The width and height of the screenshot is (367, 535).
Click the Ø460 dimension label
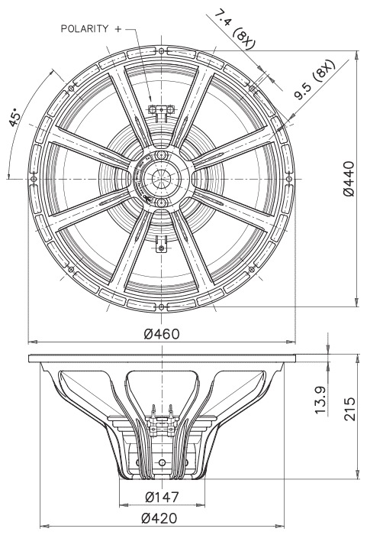pyautogui.click(x=161, y=334)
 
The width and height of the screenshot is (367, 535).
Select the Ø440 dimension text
pyautogui.click(x=349, y=178)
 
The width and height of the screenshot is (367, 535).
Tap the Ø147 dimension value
pyautogui.click(x=162, y=497)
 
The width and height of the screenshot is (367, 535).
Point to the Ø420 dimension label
pyautogui.click(x=159, y=518)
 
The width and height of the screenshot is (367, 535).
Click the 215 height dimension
pyautogui.click(x=349, y=408)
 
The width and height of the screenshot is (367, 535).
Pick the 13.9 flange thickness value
pyautogui.click(x=320, y=400)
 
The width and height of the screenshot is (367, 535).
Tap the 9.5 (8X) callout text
pyautogui.click(x=315, y=79)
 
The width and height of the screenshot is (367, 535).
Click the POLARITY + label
pyautogui.click(x=91, y=29)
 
